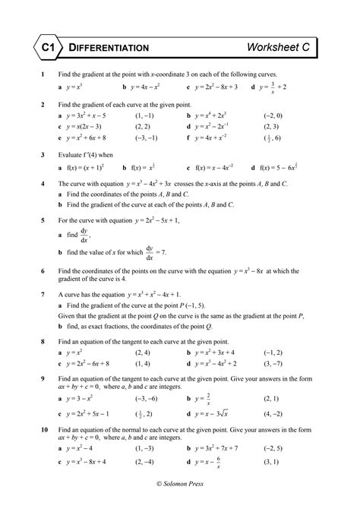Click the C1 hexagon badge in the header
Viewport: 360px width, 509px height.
pyautogui.click(x=47, y=47)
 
